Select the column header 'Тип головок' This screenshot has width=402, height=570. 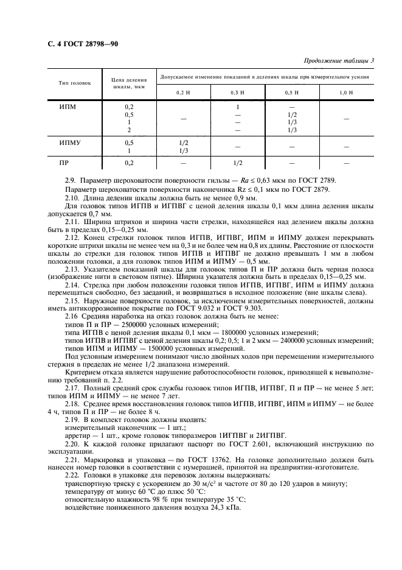pos(75,82)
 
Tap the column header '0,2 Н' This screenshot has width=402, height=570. pos(183,92)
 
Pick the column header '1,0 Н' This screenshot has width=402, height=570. pos(346,92)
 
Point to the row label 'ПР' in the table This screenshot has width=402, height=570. pos(64,163)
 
